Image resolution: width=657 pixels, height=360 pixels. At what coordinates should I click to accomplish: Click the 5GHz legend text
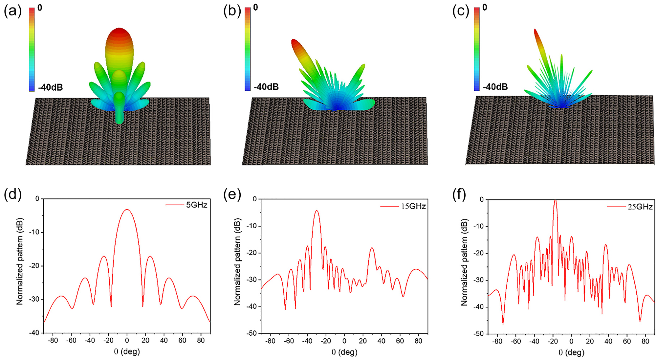coord(196,205)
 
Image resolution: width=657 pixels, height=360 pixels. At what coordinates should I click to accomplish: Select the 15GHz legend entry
coord(413,206)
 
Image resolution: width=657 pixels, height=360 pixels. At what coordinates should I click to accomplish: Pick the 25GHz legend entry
coord(640,207)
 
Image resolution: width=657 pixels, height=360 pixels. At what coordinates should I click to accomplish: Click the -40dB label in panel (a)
coord(50,87)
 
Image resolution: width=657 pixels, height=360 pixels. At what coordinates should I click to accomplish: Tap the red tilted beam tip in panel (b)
coord(294,42)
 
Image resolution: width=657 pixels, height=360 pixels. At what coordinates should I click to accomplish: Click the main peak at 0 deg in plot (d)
coord(127,210)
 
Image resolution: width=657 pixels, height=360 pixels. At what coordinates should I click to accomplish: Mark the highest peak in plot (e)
coord(317,211)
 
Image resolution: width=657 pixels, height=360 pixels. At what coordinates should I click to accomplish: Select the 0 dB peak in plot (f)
coord(555,200)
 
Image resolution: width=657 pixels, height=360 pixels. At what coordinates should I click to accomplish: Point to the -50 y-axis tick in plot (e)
coord(252,333)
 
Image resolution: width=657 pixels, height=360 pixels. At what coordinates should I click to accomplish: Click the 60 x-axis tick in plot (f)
coord(627,341)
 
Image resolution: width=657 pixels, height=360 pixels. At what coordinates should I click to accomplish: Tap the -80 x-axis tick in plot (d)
coord(53,340)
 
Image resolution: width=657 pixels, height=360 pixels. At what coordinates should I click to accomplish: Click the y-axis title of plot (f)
coord(464,262)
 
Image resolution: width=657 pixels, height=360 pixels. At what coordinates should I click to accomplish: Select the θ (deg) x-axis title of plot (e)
coord(344,352)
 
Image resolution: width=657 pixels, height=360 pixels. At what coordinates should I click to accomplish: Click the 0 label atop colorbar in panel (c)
coord(485,7)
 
